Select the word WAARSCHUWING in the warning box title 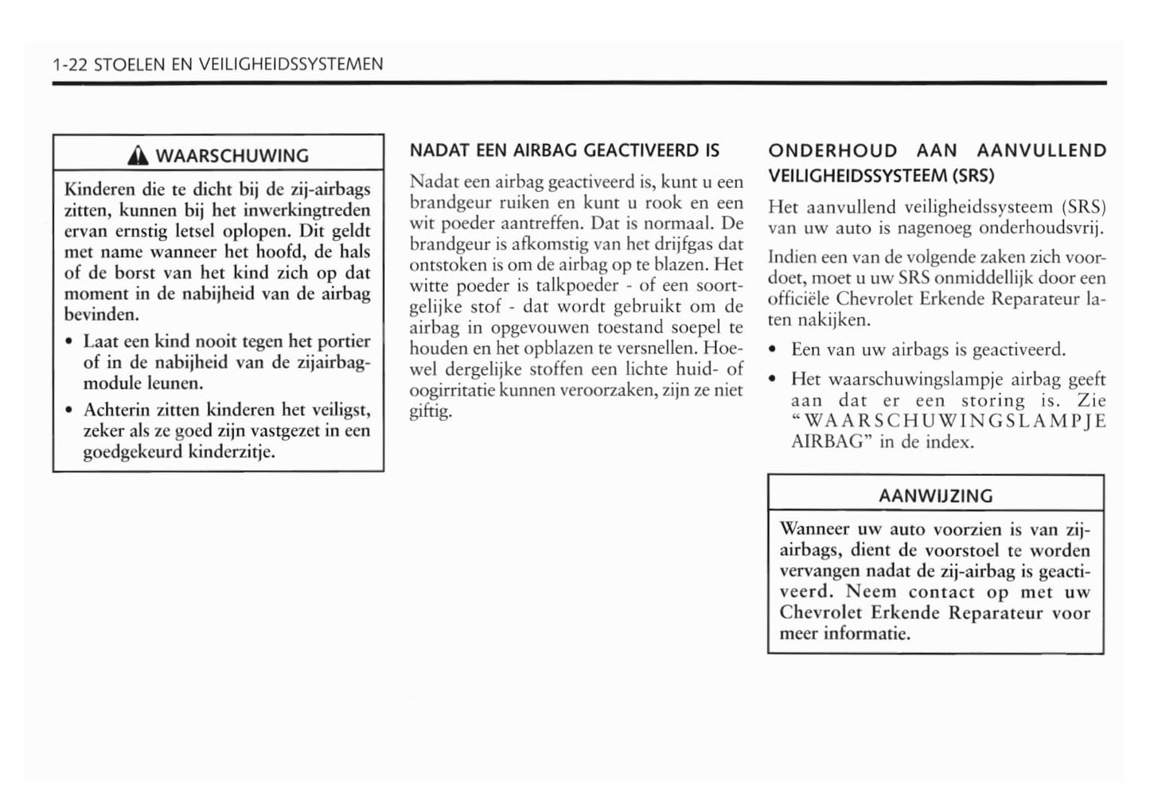pos(232,155)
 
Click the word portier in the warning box pos(344,342)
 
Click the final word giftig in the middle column pos(431,412)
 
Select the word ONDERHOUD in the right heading pos(832,150)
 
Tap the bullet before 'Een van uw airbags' pos(774,350)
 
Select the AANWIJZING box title pos(935,496)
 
